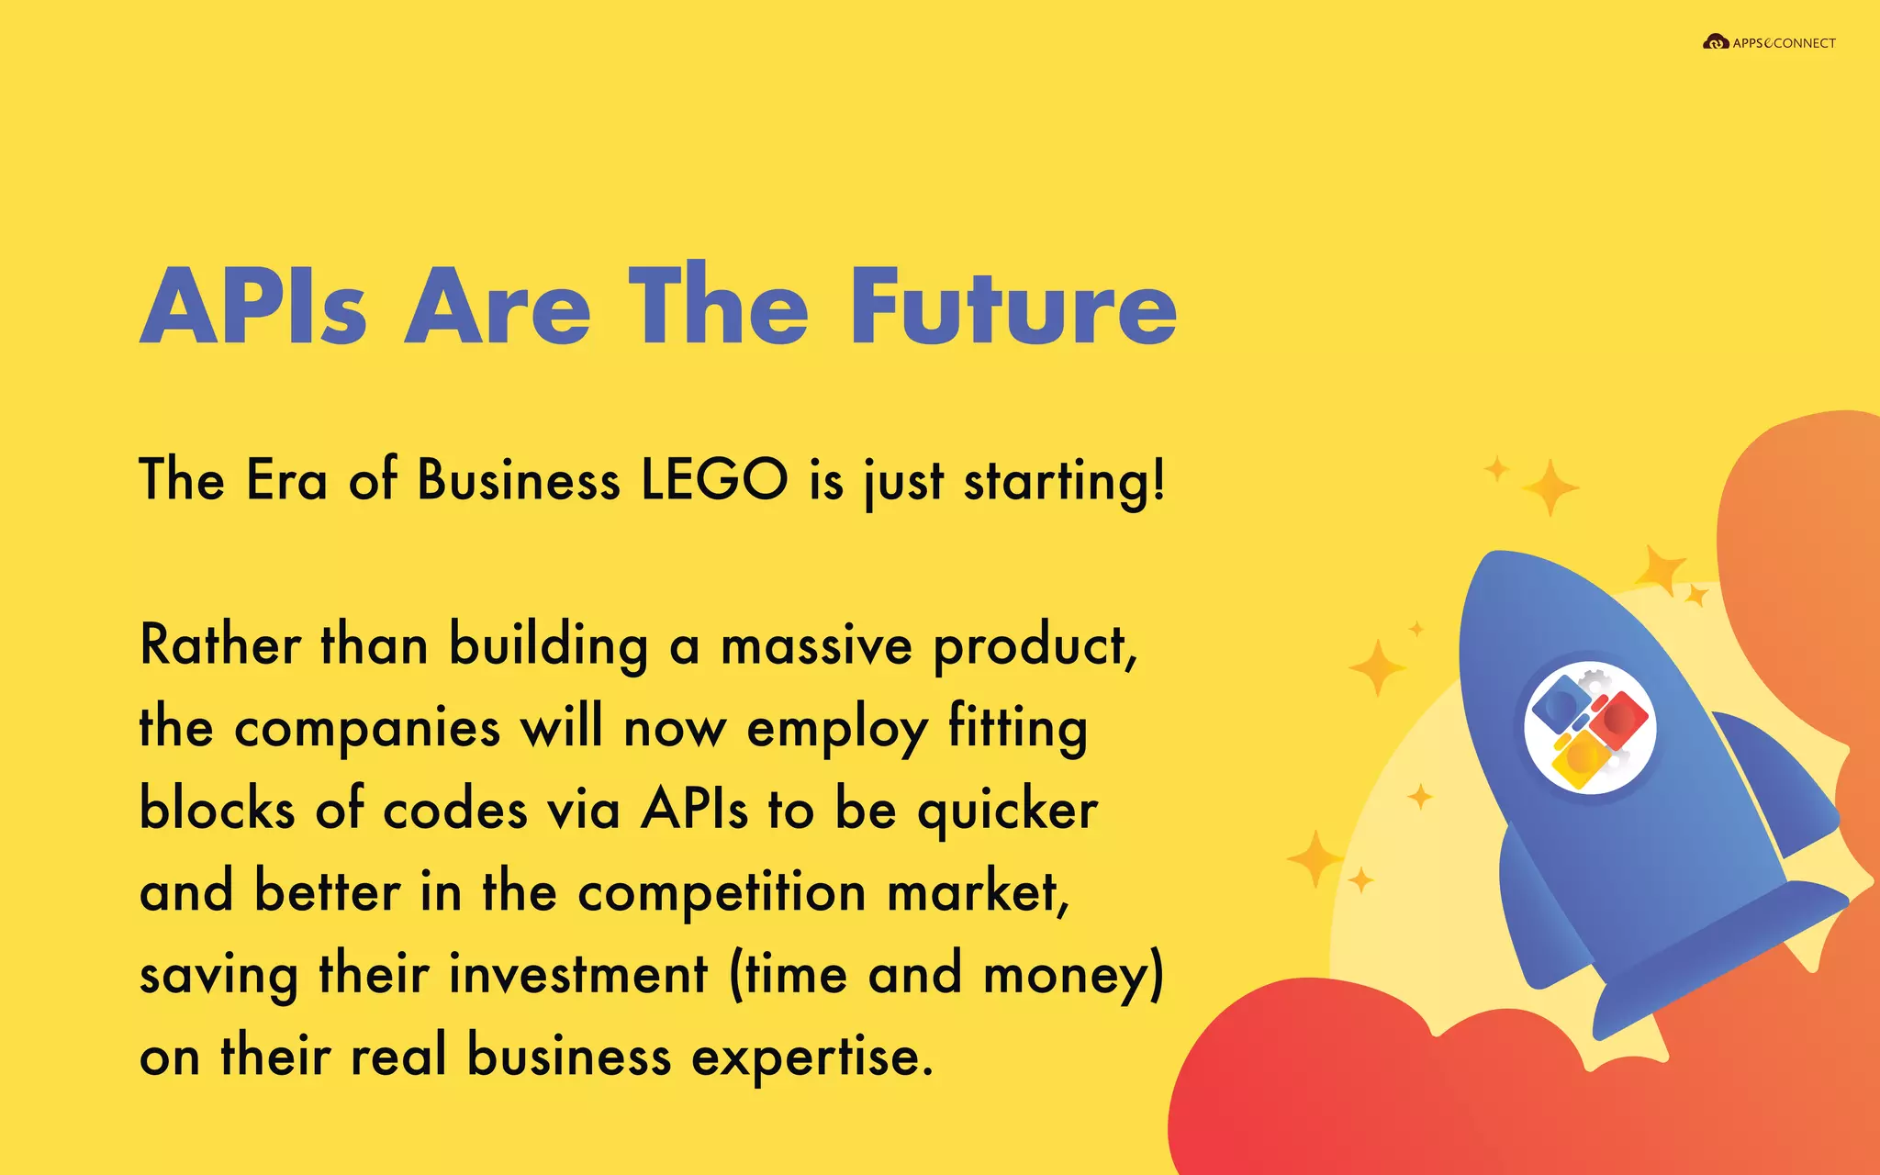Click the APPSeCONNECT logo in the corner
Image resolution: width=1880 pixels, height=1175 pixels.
coord(1769,42)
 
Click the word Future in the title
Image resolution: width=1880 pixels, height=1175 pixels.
coord(1013,307)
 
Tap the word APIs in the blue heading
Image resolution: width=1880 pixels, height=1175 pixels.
coord(253,307)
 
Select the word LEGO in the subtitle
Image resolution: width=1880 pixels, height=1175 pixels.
coord(714,479)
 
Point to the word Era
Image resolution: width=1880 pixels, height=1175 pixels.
coord(286,479)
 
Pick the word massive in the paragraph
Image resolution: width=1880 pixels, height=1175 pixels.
coord(816,645)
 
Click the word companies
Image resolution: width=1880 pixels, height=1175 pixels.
coord(367,729)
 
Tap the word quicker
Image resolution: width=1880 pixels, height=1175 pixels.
coord(1007,811)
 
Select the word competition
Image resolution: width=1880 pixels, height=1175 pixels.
coord(722,892)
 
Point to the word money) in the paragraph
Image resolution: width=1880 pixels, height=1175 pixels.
coord(1073,975)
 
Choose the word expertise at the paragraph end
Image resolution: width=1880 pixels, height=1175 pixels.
coord(811,1057)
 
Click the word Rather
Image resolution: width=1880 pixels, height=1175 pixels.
coord(220,644)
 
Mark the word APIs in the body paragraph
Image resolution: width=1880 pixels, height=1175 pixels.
coord(694,810)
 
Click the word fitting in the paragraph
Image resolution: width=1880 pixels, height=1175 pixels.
coord(1017,729)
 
